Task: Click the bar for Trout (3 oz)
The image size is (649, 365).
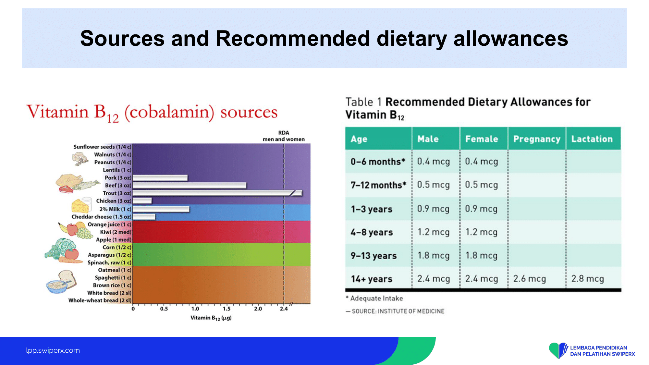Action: click(x=217, y=193)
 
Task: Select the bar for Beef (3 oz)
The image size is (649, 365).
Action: click(x=190, y=185)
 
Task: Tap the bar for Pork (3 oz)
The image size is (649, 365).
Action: click(x=160, y=178)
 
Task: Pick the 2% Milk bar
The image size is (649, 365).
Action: click(x=161, y=209)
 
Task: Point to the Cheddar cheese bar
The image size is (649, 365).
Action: click(x=144, y=216)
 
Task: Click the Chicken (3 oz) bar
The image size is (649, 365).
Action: click(x=142, y=201)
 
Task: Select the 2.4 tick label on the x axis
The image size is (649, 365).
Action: click(x=284, y=309)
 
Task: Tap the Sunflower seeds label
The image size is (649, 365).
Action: click(x=102, y=147)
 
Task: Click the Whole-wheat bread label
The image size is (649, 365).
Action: click(x=100, y=300)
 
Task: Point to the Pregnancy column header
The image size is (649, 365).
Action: click(x=537, y=139)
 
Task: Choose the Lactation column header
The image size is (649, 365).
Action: click(x=592, y=139)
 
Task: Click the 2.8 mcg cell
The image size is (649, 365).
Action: click(x=587, y=279)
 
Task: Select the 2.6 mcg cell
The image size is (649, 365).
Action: click(x=530, y=279)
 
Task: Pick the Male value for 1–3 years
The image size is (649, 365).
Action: click(x=433, y=209)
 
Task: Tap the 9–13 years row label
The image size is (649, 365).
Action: click(x=373, y=256)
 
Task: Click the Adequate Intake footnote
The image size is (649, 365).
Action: click(x=374, y=298)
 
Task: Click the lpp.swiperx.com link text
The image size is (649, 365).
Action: click(x=53, y=350)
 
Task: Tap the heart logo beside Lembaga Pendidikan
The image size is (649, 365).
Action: click(x=558, y=350)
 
